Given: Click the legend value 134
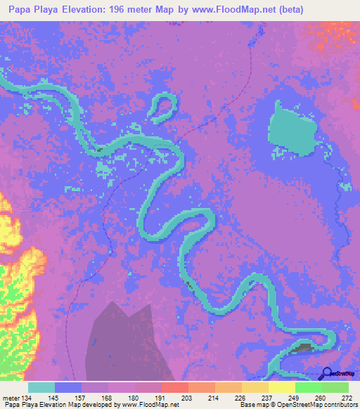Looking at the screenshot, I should pyautogui.click(x=27, y=398).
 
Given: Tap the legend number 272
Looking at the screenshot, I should pyautogui.click(x=347, y=398).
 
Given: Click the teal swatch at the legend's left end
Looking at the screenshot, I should pyautogui.click(x=41, y=387).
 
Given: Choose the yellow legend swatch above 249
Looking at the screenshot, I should pyautogui.click(x=281, y=387).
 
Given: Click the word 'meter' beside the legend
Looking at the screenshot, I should pyautogui.click(x=11, y=398).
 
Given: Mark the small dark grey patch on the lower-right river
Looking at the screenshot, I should pyautogui.click(x=304, y=348).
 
